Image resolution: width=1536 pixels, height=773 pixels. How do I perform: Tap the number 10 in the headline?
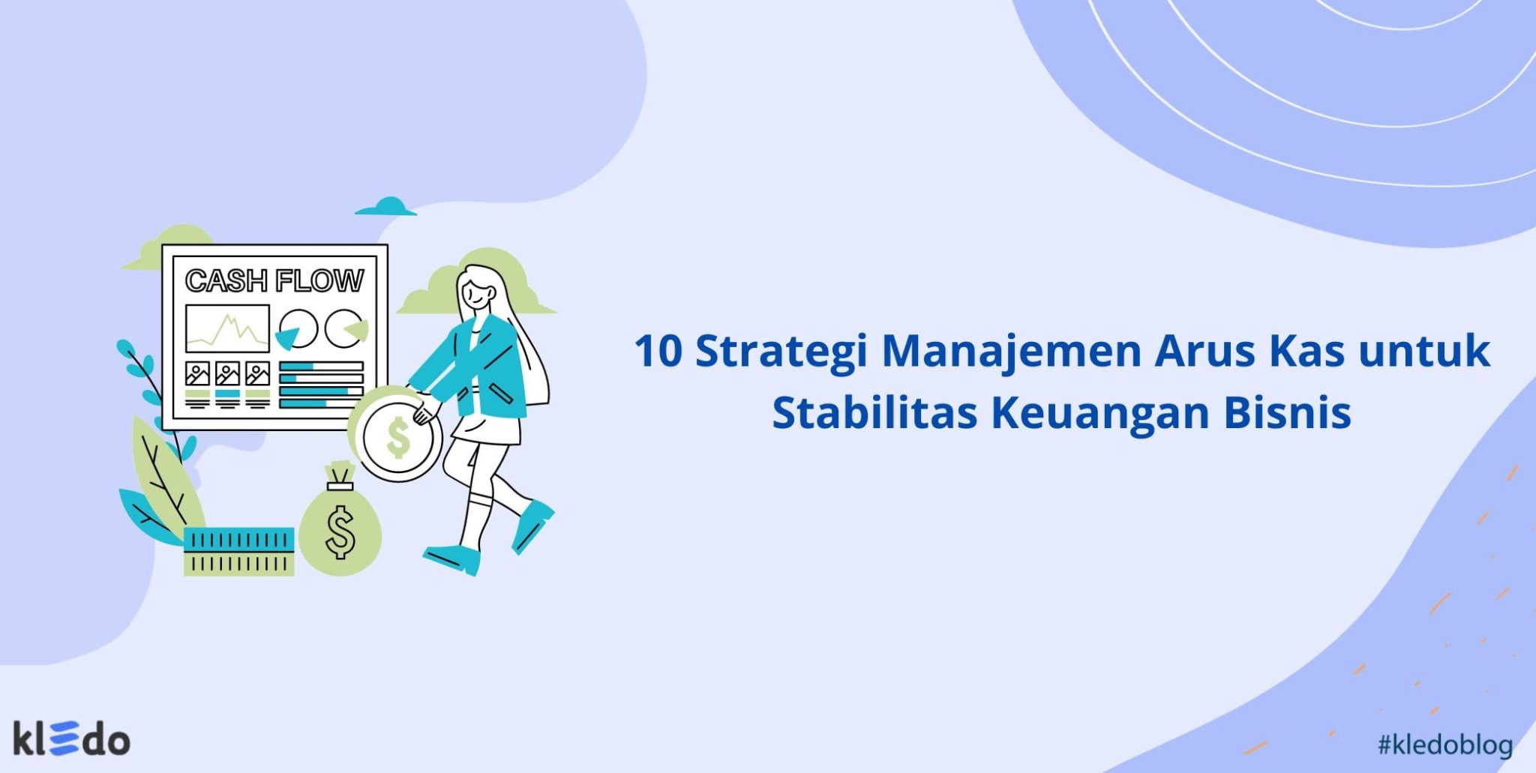pyautogui.click(x=658, y=351)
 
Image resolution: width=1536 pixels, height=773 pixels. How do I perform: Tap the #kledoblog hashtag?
pyautogui.click(x=1444, y=745)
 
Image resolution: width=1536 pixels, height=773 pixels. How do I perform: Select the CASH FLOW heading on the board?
pyautogui.click(x=274, y=280)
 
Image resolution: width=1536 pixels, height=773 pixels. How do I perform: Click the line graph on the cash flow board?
pyautogui.click(x=227, y=328)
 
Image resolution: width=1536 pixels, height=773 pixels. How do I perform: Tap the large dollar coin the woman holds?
pyautogui.click(x=397, y=437)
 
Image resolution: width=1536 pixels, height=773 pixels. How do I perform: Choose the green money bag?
pyautogui.click(x=340, y=525)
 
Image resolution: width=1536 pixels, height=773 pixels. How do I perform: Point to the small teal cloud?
pyautogui.click(x=386, y=207)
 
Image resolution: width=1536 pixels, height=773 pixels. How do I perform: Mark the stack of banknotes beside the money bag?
pyautogui.click(x=238, y=551)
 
